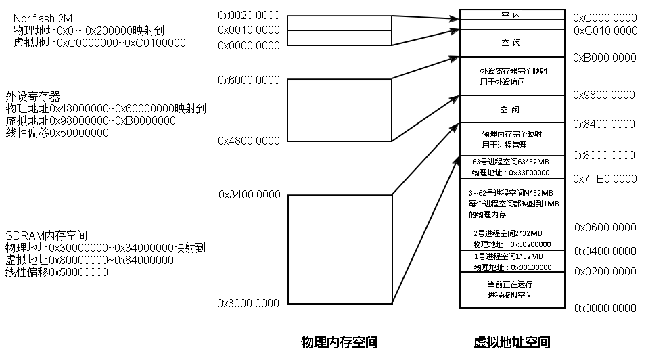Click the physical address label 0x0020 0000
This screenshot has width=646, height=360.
point(248,15)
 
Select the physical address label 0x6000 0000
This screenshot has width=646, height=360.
point(248,80)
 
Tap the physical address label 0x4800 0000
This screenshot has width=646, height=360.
point(248,141)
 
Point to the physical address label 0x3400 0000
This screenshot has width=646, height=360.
point(249,195)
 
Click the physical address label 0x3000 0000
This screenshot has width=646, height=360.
point(248,304)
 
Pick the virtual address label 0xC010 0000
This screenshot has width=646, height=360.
point(605,31)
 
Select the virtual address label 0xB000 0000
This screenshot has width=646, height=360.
point(605,58)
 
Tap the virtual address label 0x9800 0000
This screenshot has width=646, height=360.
point(605,95)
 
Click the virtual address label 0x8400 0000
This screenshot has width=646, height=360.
point(605,125)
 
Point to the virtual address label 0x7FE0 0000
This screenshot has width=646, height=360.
point(605,179)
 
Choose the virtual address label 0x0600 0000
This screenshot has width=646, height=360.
point(605,227)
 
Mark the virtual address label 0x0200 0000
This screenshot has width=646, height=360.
point(605,271)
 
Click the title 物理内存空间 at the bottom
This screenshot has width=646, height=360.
point(339,342)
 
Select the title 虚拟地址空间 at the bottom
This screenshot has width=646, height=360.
point(511,342)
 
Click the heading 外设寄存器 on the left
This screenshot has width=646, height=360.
point(33,96)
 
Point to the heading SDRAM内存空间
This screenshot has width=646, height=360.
point(46,235)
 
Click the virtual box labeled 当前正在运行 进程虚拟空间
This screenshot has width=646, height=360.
point(511,290)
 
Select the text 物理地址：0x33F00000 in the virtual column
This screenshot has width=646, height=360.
point(511,173)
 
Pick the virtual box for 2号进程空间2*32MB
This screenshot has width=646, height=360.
point(511,238)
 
